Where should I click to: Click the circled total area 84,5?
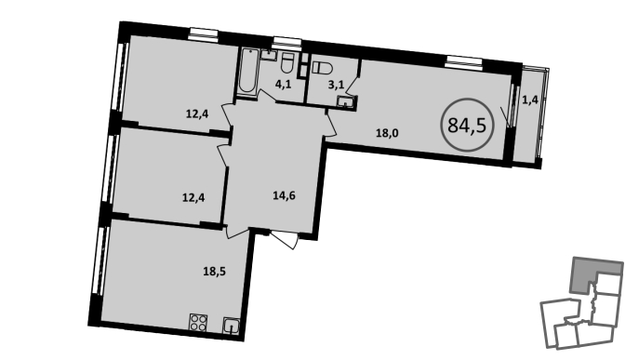click(467, 125)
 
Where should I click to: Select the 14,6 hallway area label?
click(284, 195)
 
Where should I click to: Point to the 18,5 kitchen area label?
click(214, 271)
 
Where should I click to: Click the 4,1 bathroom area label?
click(283, 85)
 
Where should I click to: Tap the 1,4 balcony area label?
click(530, 100)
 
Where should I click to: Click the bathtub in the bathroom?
click(247, 73)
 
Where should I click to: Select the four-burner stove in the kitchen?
click(198, 323)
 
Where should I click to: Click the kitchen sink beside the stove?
click(231, 326)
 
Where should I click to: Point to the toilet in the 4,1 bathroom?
click(287, 62)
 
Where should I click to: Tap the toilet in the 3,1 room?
click(322, 67)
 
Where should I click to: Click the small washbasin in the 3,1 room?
click(346, 101)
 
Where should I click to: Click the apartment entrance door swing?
click(284, 240)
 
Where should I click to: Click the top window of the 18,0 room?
click(463, 61)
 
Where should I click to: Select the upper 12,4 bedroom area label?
click(197, 113)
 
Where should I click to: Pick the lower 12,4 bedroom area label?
click(193, 198)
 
